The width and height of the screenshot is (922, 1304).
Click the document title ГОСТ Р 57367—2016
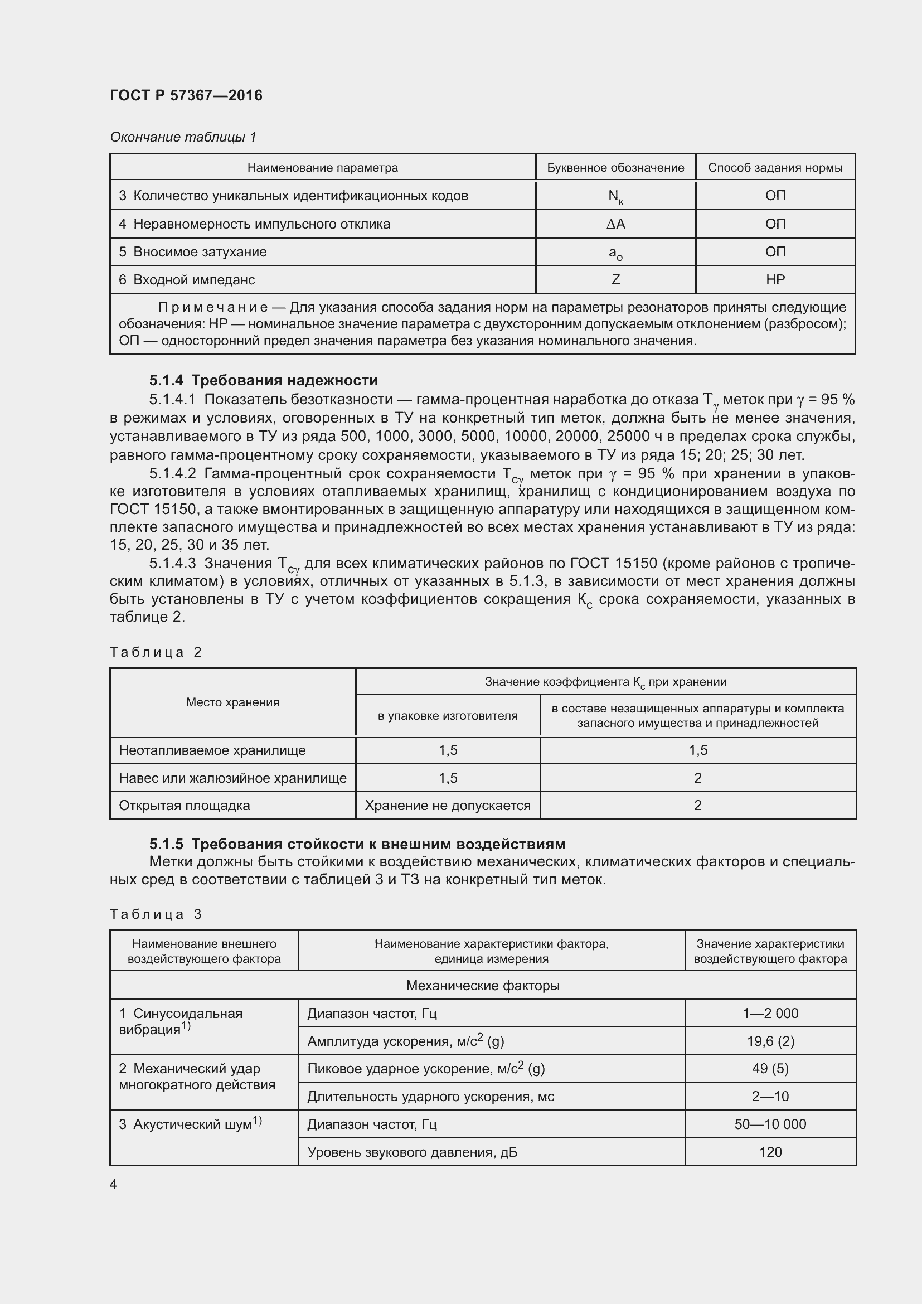coord(186,95)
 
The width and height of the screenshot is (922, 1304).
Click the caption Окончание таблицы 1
coord(183,137)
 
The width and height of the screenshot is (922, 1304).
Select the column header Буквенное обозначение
coord(615,168)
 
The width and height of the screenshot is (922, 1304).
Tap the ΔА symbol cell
coord(615,224)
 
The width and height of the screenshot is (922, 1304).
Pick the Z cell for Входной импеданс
coord(615,279)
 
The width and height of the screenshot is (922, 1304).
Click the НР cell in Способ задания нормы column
coord(775,279)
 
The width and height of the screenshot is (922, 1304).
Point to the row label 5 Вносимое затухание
coord(193,251)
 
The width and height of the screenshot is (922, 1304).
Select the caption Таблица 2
coord(156,652)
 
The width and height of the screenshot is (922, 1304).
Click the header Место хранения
coord(233,702)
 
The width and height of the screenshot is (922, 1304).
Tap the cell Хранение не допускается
coord(448,806)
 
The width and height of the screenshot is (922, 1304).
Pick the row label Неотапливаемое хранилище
coord(212,750)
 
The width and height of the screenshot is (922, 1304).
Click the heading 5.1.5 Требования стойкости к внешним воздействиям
coord(357,844)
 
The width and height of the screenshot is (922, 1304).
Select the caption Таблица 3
coord(156,914)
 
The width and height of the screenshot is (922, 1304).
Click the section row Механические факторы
coord(483,985)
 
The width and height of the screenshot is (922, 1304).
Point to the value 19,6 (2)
coord(770,1041)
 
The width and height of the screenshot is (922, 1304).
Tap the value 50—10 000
coord(770,1124)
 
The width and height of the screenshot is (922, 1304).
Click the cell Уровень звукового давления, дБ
coord(412,1152)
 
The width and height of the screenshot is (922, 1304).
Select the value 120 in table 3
coord(770,1152)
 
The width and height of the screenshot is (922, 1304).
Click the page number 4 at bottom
coord(114,1185)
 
